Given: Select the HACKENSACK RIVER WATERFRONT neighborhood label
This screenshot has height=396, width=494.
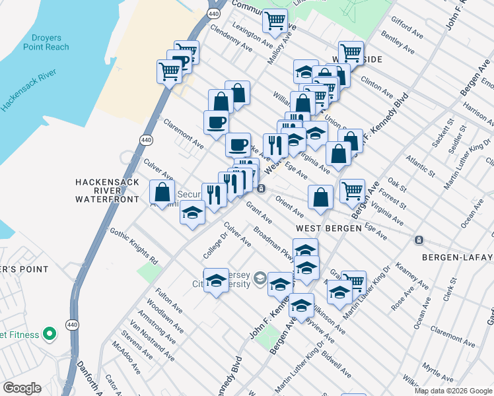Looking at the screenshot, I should pos(107,190).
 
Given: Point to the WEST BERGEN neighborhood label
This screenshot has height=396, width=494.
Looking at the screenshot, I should pos(328,228).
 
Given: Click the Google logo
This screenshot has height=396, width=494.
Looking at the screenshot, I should pos(22,388).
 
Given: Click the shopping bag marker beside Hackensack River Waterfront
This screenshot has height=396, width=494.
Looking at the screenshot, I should pos(162,193).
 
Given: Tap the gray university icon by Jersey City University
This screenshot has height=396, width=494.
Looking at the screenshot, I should pos(259,278).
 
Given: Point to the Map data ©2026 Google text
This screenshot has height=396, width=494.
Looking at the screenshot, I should pos(452,391).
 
